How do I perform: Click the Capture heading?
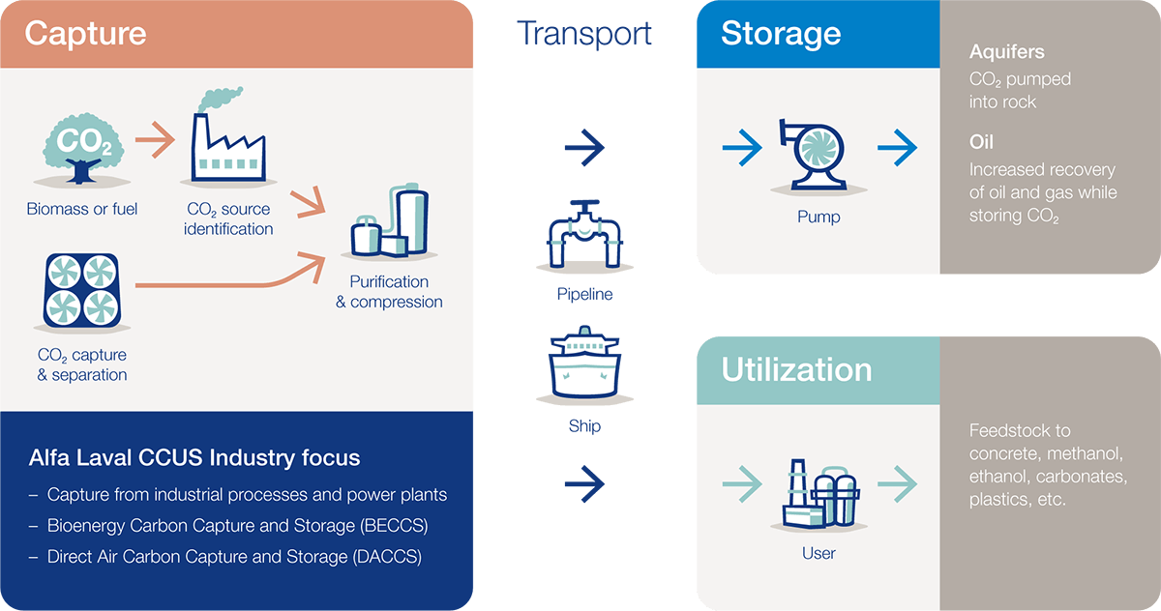[x=85, y=34]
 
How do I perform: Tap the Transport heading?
[x=584, y=34]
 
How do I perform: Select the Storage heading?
[x=780, y=34]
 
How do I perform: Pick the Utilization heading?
[x=796, y=369]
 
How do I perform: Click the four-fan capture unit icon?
[x=81, y=290]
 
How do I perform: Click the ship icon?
[x=584, y=367]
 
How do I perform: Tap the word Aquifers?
[x=1006, y=52]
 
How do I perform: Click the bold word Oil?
[x=981, y=143]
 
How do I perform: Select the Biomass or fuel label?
[x=82, y=209]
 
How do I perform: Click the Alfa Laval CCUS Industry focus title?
[x=194, y=457]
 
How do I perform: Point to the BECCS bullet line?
[x=237, y=526]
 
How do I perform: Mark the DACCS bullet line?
[x=234, y=557]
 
